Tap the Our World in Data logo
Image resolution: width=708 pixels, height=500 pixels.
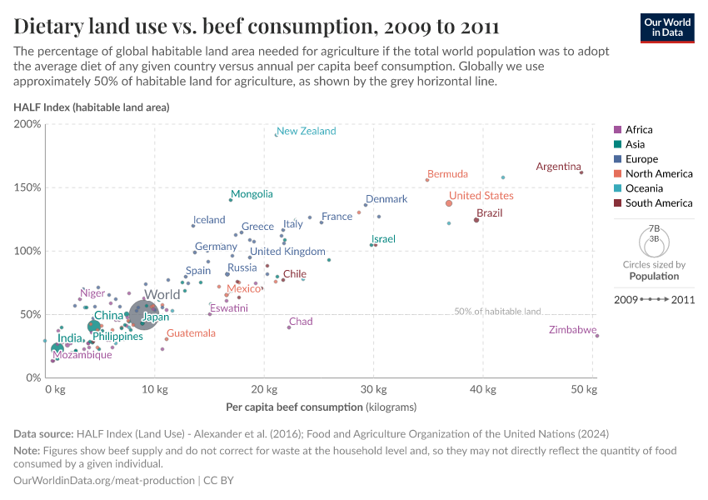coord(667,27)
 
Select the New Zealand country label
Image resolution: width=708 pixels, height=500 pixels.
coord(306,131)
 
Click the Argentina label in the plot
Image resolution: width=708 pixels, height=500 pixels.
coord(558,167)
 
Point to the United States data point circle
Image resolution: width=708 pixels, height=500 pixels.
coord(449,203)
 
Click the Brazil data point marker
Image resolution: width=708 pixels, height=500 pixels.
coord(476,220)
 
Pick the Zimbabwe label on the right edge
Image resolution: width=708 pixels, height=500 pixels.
coord(573,330)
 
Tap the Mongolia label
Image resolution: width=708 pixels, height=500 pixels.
coord(252,194)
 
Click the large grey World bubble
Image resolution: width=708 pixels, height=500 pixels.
coord(144,316)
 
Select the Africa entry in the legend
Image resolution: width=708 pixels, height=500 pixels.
coord(639,130)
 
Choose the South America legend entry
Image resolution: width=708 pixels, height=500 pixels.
coord(658,203)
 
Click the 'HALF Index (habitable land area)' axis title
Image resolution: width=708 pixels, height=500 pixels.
coord(92,107)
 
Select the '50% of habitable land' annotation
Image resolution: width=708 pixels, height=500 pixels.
coord(497,311)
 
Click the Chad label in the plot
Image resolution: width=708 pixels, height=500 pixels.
coord(301,322)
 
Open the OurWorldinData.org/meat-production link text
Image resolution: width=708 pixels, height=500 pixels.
coord(103,480)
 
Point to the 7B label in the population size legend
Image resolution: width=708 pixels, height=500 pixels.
coord(655,228)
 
